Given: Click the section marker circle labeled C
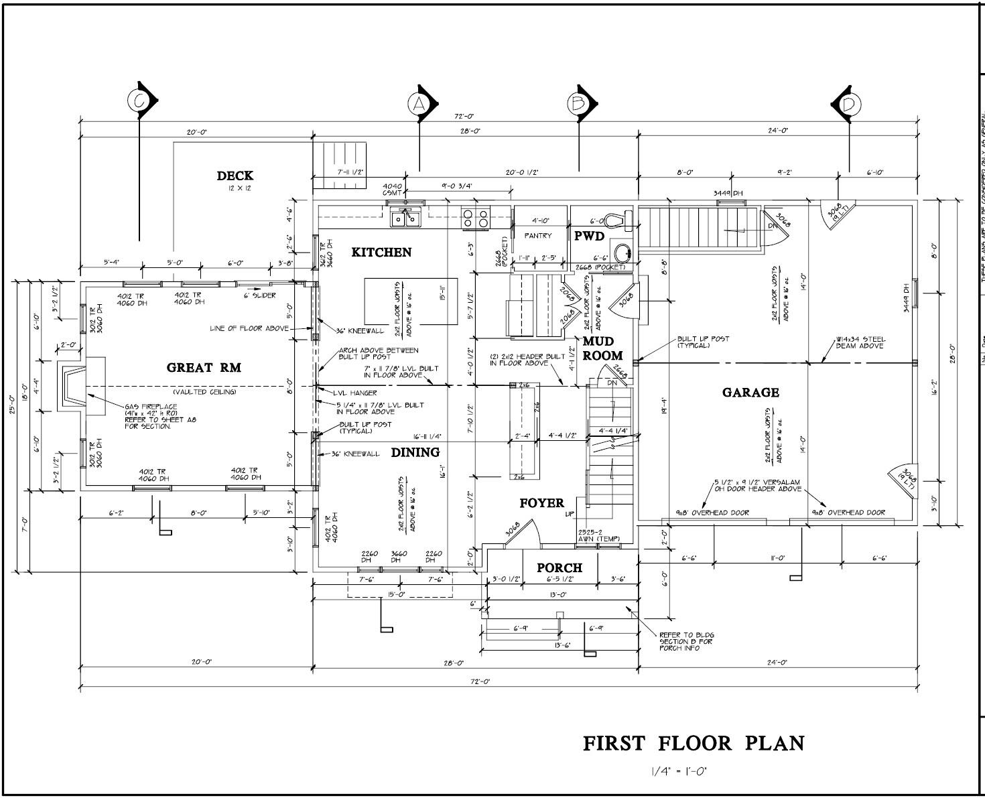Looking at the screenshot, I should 139,101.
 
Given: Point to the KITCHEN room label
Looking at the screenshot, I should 381,252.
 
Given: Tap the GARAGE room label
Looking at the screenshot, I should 750,393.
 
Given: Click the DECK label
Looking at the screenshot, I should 235,176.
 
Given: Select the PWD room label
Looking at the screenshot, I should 589,236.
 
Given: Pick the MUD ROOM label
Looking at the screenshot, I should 602,349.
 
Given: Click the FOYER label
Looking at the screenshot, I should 541,503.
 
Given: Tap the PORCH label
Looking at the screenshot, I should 560,568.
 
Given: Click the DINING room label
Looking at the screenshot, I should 415,452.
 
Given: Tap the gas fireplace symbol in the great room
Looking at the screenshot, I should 74,387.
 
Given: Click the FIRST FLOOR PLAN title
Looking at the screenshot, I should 694,743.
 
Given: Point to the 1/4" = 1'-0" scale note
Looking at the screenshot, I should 678,771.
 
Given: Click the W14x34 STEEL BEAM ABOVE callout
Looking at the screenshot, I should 860,342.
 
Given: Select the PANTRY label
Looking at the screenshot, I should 538,236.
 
